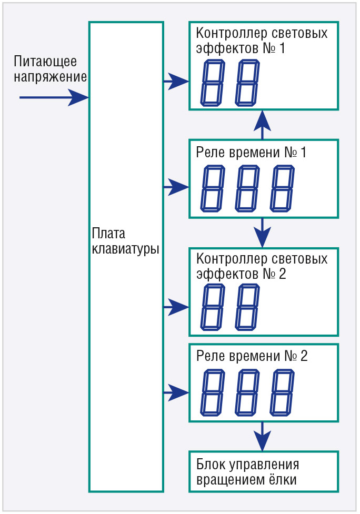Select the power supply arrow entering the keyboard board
[x=53, y=97]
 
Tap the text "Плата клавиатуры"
[x=125, y=241]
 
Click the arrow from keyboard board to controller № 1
[x=176, y=81]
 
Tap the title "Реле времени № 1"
[x=251, y=154]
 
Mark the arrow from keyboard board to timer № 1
[x=176, y=186]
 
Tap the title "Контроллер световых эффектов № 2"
[x=262, y=267]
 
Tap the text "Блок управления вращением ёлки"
[x=248, y=472]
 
